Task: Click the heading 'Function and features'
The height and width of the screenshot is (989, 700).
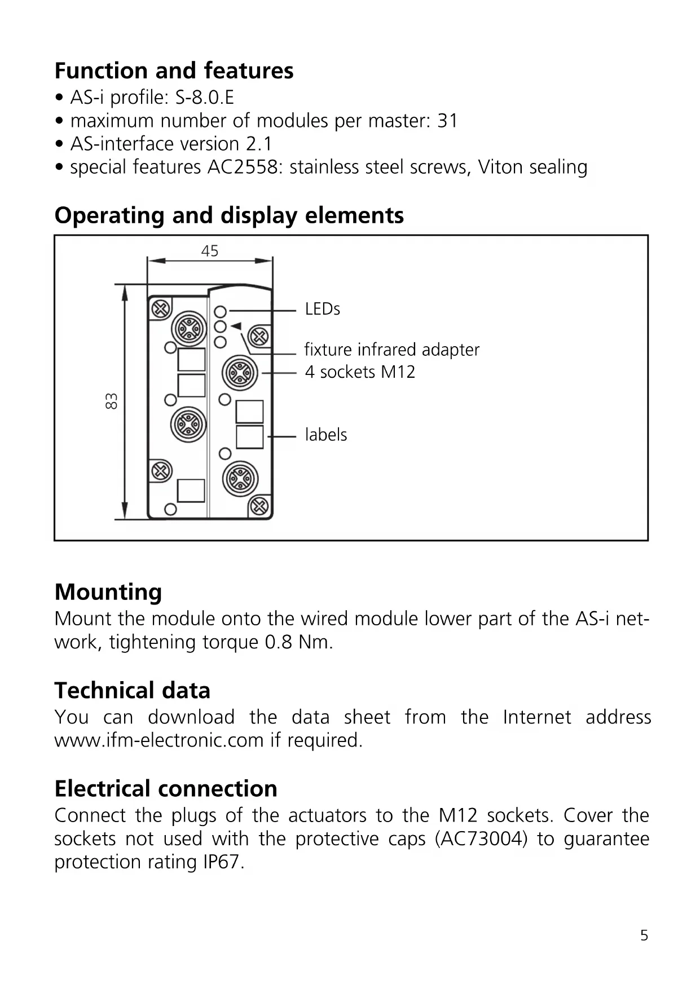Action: point(174,71)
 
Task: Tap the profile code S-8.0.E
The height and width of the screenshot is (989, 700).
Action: point(204,98)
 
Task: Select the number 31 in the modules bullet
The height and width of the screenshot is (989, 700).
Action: point(447,121)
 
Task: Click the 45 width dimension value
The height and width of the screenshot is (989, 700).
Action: point(210,251)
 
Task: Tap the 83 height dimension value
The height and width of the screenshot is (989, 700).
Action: point(112,401)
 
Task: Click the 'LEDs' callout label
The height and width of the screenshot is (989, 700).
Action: point(322,309)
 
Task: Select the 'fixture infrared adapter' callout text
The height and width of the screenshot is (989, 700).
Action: point(391,350)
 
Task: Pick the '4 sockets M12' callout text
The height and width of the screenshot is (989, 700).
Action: point(360,372)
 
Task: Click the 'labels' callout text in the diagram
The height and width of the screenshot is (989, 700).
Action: point(326,435)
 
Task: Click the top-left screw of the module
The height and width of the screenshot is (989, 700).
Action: point(161,309)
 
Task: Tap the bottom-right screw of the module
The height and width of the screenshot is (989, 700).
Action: point(259,506)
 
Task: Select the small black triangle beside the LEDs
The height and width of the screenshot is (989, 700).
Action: point(236,326)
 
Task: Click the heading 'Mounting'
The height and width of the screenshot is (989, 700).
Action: point(108,592)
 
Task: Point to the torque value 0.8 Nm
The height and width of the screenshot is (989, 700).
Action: point(298,642)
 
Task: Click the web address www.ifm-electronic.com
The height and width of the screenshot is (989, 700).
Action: point(159,740)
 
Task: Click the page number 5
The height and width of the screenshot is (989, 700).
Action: point(644,936)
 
